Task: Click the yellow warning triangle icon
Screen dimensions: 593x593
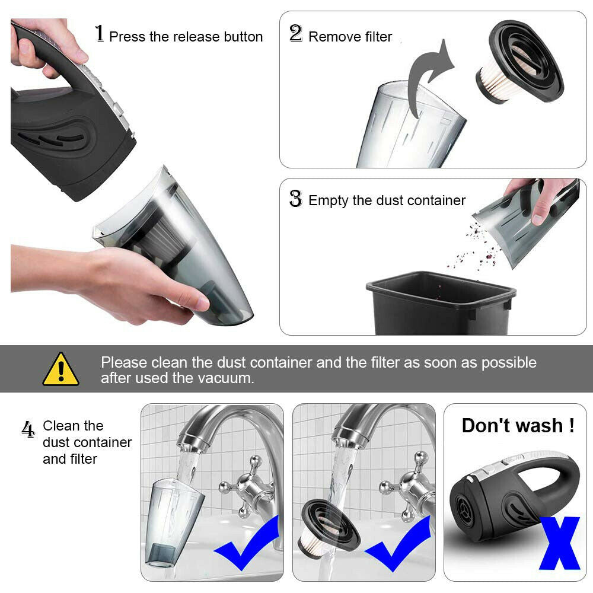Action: pyautogui.click(x=60, y=370)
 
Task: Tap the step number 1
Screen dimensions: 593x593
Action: pyautogui.click(x=100, y=34)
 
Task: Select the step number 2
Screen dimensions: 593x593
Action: pyautogui.click(x=295, y=34)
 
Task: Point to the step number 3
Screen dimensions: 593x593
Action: pyautogui.click(x=295, y=199)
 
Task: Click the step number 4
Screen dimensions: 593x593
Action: pyautogui.click(x=28, y=429)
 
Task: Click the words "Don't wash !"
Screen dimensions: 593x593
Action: pyautogui.click(x=518, y=426)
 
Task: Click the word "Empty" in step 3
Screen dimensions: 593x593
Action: pyautogui.click(x=328, y=200)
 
